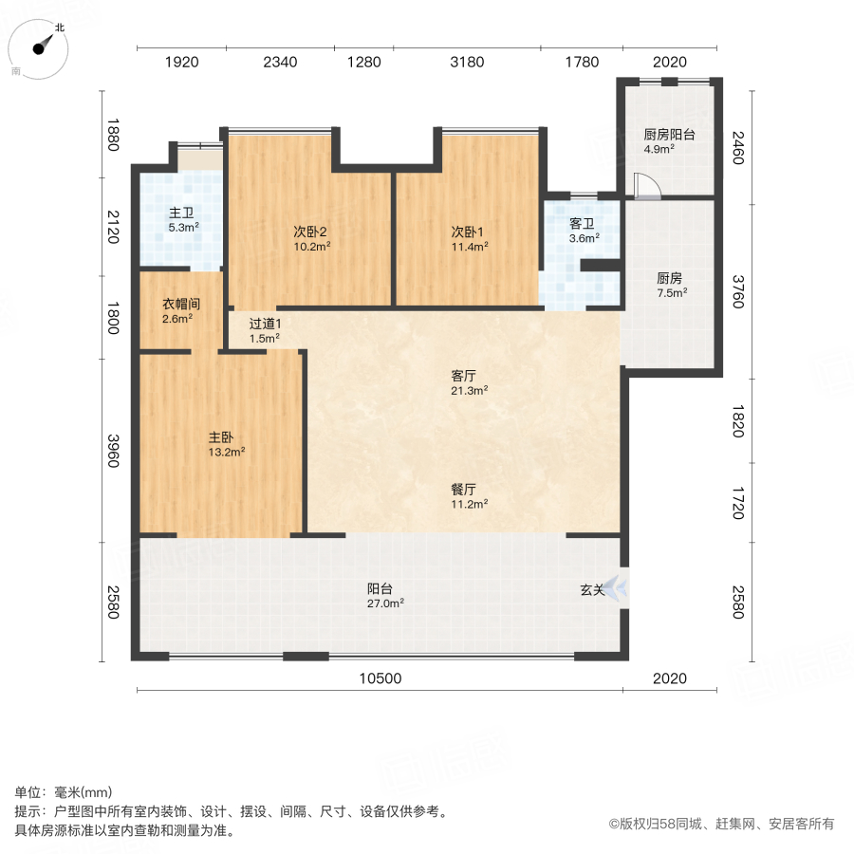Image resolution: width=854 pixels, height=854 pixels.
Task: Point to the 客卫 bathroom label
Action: [582, 224]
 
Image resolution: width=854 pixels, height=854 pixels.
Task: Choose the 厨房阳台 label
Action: [669, 135]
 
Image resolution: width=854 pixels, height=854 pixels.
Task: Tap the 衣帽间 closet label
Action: [179, 305]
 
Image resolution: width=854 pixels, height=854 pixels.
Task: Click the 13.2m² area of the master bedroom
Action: [227, 453]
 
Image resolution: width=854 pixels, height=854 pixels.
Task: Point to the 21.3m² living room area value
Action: [469, 390]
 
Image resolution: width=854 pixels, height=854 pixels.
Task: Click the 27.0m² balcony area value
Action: [387, 603]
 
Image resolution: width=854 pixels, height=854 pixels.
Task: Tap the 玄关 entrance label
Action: [593, 589]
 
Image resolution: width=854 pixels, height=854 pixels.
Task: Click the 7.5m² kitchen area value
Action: [669, 293]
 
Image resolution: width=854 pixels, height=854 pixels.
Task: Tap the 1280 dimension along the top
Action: [363, 63]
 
